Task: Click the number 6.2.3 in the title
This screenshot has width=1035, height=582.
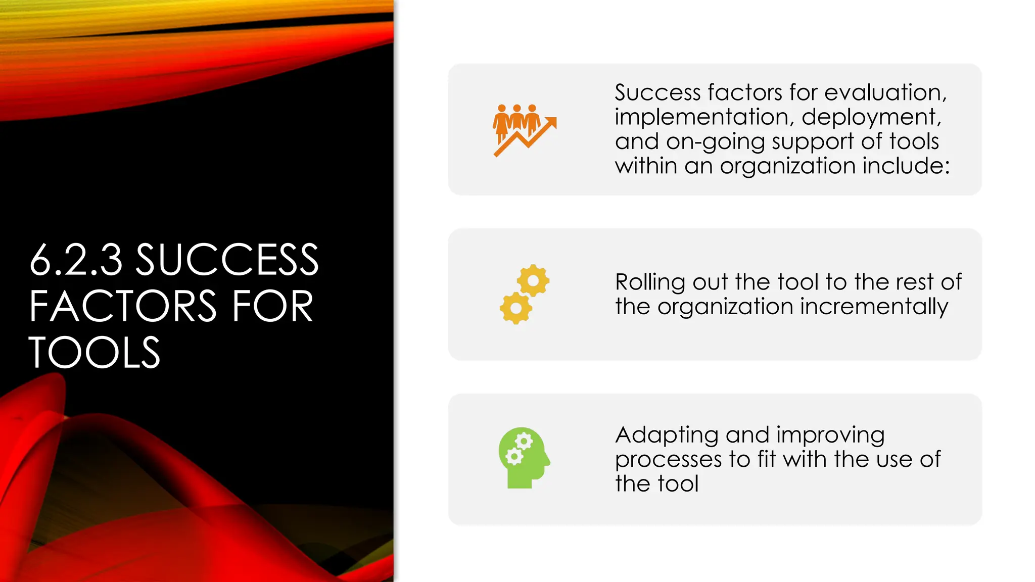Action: click(x=76, y=260)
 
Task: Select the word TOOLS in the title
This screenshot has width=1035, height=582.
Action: click(x=95, y=353)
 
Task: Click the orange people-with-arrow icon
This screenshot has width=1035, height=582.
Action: click(x=525, y=130)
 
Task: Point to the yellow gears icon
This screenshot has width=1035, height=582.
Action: click(x=525, y=294)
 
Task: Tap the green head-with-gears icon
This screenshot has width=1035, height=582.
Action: click(x=524, y=458)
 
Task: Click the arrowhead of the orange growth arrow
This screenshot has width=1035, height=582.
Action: click(x=551, y=123)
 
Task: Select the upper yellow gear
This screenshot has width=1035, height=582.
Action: click(x=533, y=280)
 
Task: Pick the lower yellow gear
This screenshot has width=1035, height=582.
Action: click(x=515, y=308)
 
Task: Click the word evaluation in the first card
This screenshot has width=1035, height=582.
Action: click(x=885, y=92)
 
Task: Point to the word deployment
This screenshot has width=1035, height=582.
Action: click(x=871, y=117)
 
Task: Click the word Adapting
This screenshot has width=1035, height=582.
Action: click(x=667, y=435)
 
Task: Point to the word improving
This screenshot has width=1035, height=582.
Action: click(x=830, y=435)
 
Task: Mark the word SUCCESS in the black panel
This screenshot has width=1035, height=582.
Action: click(x=227, y=260)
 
